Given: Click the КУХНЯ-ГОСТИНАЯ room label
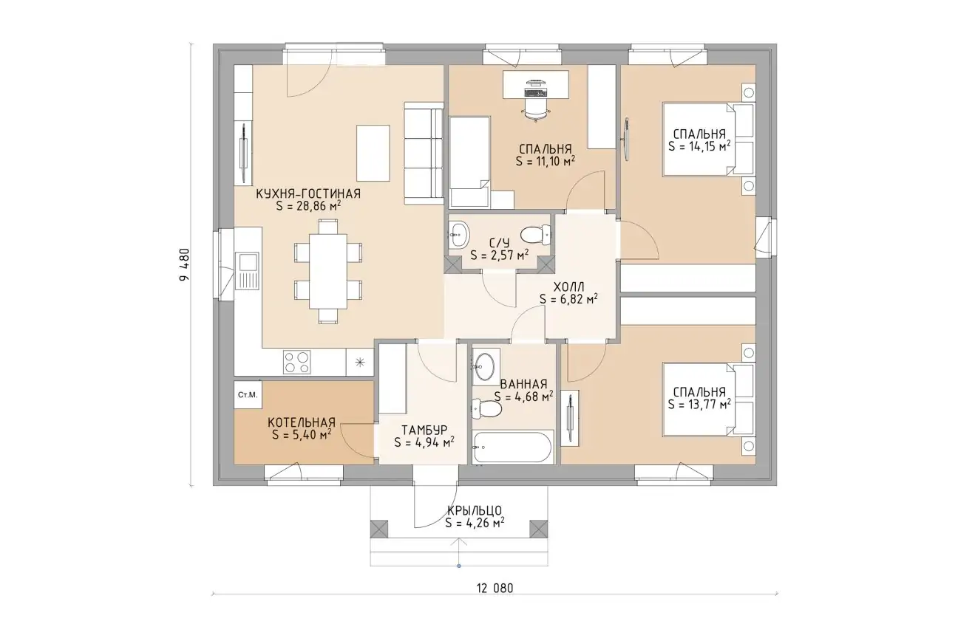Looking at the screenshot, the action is pyautogui.click(x=308, y=193).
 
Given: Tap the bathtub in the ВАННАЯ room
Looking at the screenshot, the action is pyautogui.click(x=513, y=447).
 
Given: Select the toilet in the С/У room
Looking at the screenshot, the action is pyautogui.click(x=535, y=235).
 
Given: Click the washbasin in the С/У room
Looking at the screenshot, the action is pyautogui.click(x=459, y=234).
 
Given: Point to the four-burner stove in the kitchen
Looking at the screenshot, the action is pyautogui.click(x=296, y=362).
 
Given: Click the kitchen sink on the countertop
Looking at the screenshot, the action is pyautogui.click(x=247, y=270).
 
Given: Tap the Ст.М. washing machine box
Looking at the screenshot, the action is pyautogui.click(x=248, y=395).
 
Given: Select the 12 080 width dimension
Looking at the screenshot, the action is pyautogui.click(x=495, y=589).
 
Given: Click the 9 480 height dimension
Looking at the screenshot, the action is pyautogui.click(x=184, y=264).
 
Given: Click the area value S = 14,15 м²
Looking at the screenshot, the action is pyautogui.click(x=699, y=146).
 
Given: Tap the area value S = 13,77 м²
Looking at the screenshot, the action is pyautogui.click(x=699, y=404).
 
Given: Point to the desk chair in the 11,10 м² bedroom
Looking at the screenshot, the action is pyautogui.click(x=535, y=109).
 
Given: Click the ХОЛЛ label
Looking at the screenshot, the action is pyautogui.click(x=568, y=287).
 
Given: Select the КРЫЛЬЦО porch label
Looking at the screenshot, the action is pyautogui.click(x=475, y=510).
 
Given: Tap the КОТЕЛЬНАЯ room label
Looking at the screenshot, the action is pyautogui.click(x=302, y=422).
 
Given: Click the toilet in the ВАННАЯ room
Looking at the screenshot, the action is pyautogui.click(x=486, y=409).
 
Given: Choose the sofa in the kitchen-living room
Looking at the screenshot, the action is pyautogui.click(x=424, y=153).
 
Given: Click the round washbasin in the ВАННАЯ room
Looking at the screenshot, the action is pyautogui.click(x=486, y=367).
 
